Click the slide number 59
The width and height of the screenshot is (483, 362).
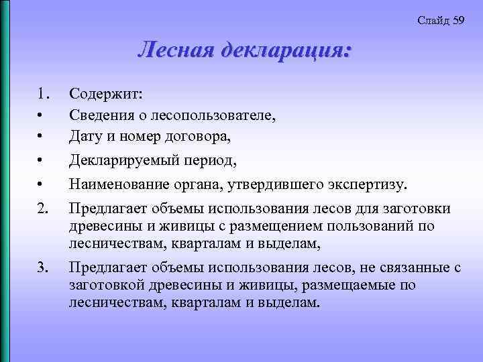459,20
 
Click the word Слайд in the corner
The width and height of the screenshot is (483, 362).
433,20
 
